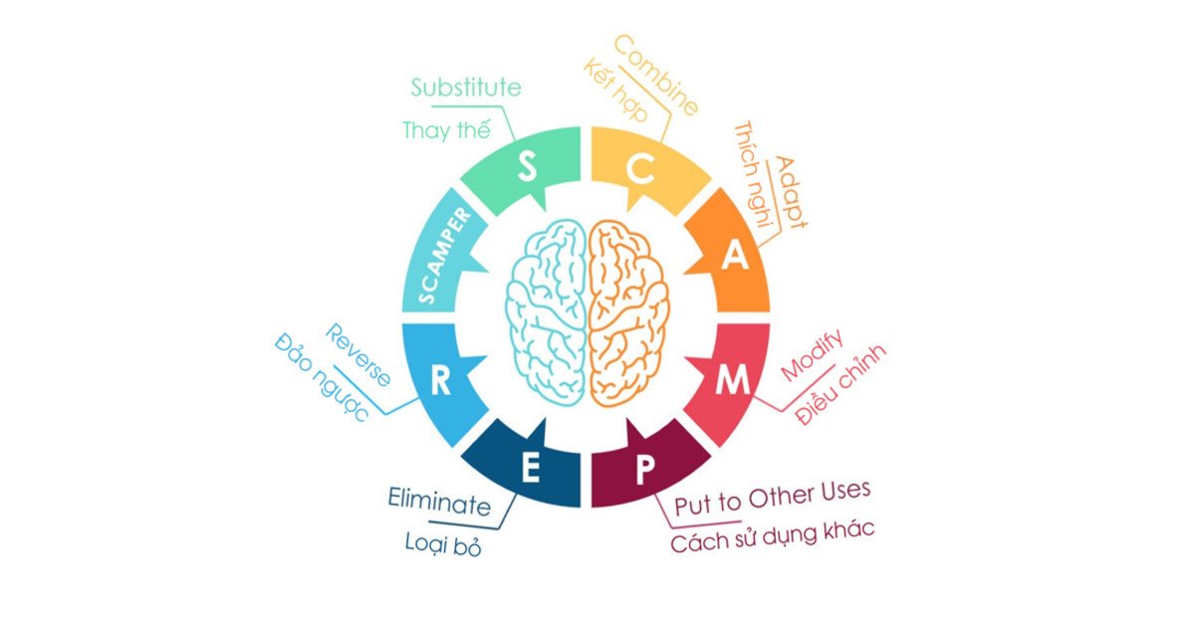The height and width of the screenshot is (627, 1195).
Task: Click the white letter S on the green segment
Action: [527, 166]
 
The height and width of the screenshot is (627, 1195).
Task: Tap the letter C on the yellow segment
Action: [640, 168]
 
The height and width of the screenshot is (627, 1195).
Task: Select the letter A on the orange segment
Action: [735, 256]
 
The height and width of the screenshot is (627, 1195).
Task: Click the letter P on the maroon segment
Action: [645, 469]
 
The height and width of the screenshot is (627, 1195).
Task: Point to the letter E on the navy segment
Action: [530, 468]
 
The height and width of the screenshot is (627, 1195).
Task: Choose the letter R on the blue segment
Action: [440, 380]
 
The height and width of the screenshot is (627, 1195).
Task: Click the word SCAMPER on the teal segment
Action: [444, 256]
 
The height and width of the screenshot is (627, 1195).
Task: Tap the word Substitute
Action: [466, 88]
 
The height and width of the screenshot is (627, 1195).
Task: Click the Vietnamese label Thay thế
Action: [446, 130]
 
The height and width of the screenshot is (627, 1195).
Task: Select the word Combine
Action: [655, 76]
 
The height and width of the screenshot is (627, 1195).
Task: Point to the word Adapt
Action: [791, 192]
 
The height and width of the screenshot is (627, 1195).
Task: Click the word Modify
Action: [812, 354]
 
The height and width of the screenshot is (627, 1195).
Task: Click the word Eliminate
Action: [439, 502]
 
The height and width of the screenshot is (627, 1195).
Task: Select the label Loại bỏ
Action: [443, 544]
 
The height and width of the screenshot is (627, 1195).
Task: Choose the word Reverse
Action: [358, 355]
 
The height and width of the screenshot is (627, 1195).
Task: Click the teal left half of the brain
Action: [547, 313]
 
